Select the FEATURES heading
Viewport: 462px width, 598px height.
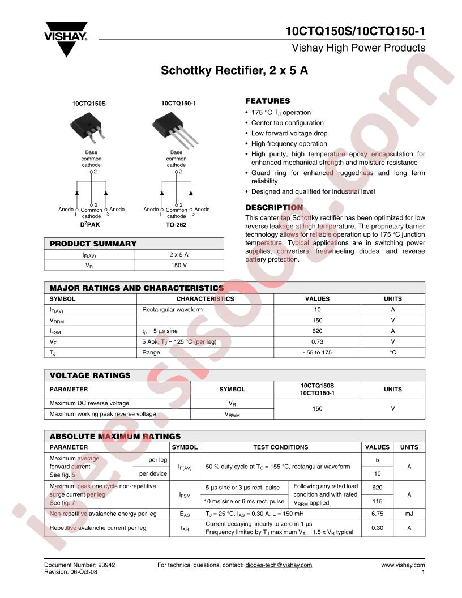[x=267, y=101]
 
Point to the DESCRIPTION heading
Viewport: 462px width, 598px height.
[x=274, y=207]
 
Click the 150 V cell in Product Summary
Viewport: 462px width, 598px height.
[x=178, y=265]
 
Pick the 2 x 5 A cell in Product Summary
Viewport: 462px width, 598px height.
[x=178, y=255]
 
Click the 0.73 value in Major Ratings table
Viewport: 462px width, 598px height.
[x=317, y=341]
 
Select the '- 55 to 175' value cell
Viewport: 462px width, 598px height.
[x=317, y=352]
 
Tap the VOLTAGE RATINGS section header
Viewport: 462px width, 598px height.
[x=90, y=375]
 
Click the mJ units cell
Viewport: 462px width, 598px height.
[x=409, y=514]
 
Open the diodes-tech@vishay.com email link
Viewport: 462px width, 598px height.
[x=279, y=565]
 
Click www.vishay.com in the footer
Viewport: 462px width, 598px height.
[x=403, y=565]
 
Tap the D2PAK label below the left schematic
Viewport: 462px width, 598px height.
[x=89, y=225]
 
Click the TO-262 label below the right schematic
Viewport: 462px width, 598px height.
[x=176, y=225]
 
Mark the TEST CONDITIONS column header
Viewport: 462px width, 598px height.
[x=280, y=447]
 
